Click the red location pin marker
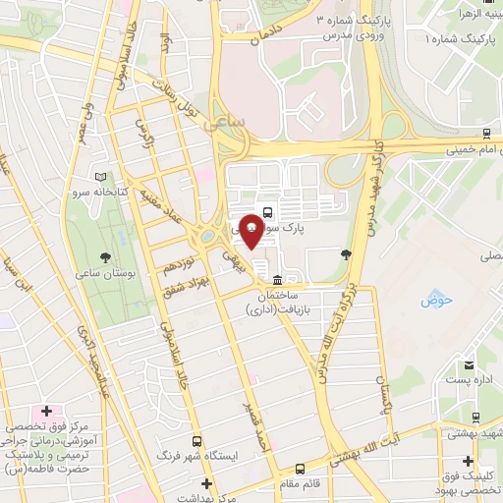coord(251,230)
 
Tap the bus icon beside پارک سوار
coord(269,209)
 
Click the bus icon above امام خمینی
coord(488,134)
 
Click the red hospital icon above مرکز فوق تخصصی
coord(44,409)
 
